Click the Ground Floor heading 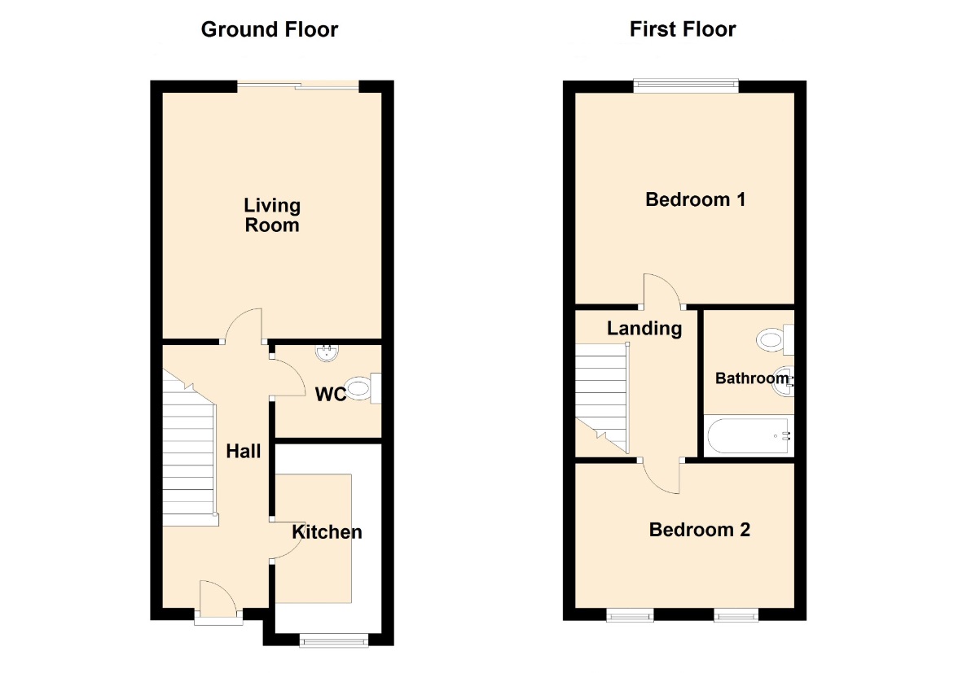pos(270,29)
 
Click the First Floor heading pos(683,29)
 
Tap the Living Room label pos(272,216)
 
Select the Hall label pos(243,452)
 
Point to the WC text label pos(331,395)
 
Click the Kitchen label pos(327,532)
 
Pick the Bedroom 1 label pos(696,199)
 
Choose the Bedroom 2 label pos(700,530)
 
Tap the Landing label pos(644,329)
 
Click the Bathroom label pos(752,378)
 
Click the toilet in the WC pos(363,388)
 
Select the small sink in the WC pos(327,352)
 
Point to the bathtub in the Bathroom pos(749,435)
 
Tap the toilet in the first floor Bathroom pos(775,340)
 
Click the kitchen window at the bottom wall pos(334,640)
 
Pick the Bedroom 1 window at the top pos(686,86)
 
